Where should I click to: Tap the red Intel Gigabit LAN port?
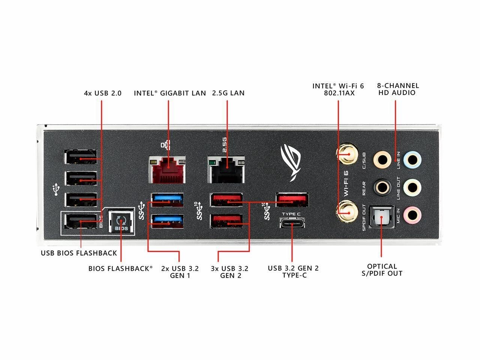point(167,169)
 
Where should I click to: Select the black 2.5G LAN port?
point(226,169)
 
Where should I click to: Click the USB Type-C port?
point(292,223)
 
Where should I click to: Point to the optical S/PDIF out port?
point(382,217)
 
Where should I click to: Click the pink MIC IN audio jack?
point(412,216)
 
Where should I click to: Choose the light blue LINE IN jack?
point(412,160)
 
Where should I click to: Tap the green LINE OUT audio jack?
point(412,187)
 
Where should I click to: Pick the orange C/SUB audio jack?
point(382,160)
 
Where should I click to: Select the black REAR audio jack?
point(382,187)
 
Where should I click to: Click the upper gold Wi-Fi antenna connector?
point(347,154)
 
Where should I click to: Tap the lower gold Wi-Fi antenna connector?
point(347,213)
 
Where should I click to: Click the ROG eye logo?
point(291,163)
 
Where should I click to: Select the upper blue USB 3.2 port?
point(168,200)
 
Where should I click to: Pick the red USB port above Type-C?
point(292,199)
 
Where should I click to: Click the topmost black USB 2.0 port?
point(81,157)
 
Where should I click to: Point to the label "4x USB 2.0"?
point(102,93)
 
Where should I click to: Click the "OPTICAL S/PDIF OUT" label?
point(382,270)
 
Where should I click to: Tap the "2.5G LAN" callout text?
point(228,93)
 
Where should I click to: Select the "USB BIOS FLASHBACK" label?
point(79,253)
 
